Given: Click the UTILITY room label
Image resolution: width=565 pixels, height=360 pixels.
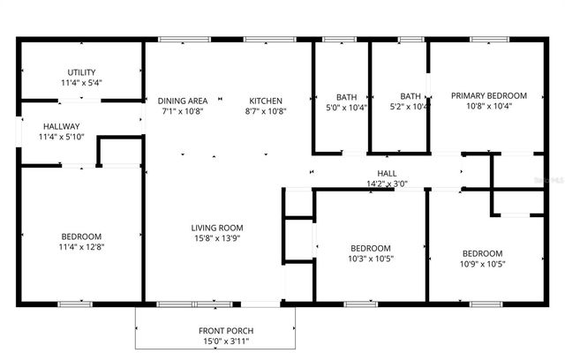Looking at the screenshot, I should [81, 72].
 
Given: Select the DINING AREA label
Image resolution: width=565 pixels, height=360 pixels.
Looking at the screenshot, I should [183, 101].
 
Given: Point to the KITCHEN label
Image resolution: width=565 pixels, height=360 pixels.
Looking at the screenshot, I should [265, 101].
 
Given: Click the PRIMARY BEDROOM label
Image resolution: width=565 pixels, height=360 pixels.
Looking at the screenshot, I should [489, 95].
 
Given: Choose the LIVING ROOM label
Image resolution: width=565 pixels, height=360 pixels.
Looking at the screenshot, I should [217, 229].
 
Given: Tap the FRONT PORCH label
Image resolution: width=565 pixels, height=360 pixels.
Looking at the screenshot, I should [217, 330].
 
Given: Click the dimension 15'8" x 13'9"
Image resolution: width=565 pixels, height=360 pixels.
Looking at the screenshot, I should [217, 239].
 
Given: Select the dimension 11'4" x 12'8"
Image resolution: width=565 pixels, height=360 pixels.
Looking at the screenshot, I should [81, 247].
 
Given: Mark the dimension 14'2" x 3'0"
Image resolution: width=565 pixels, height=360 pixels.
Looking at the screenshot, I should [387, 184].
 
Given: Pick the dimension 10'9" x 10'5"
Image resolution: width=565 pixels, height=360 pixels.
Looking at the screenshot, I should [482, 263].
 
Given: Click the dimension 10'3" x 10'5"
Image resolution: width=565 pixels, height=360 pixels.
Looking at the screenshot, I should [371, 259].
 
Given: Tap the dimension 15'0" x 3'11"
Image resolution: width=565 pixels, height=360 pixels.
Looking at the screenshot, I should [217, 341].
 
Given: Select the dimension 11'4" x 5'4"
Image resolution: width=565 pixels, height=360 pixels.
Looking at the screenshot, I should [81, 83].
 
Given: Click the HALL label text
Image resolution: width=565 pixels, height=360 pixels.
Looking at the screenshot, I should [387, 174].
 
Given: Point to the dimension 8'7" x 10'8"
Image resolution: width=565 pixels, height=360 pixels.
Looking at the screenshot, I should [265, 111].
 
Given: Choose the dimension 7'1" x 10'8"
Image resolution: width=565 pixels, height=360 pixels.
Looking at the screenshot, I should [183, 111].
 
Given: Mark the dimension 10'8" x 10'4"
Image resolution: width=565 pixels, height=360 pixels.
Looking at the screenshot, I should [489, 106].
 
